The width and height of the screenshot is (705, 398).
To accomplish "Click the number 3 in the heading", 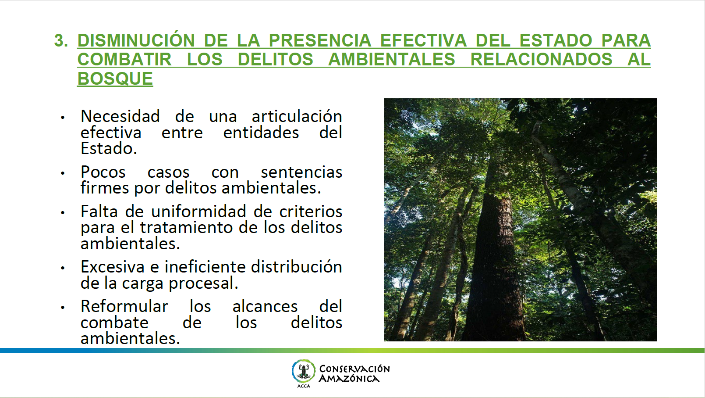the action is pyautogui.click(x=59, y=41).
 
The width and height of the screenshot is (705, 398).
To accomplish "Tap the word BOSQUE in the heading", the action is pyautogui.click(x=115, y=79).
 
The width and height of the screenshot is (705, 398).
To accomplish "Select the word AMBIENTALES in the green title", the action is pyautogui.click(x=392, y=59).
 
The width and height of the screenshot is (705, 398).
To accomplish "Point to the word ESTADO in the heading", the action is pyautogui.click(x=556, y=41).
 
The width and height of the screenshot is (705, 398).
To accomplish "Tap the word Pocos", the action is pyautogui.click(x=103, y=172).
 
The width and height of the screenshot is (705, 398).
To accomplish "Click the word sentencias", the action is pyautogui.click(x=301, y=172).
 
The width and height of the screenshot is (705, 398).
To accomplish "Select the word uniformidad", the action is pyautogui.click(x=198, y=211).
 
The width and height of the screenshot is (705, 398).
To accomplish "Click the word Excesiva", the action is pyautogui.click(x=112, y=267).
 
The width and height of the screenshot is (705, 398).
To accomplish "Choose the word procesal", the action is pyautogui.click(x=203, y=283).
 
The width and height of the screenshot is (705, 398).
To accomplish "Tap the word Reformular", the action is pyautogui.click(x=124, y=306).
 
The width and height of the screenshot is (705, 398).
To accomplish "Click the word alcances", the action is pyautogui.click(x=265, y=307).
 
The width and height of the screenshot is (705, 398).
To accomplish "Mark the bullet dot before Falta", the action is pyautogui.click(x=63, y=213).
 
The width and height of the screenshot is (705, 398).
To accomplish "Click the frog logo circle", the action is pyautogui.click(x=303, y=371).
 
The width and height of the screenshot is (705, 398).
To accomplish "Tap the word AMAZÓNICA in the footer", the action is pyautogui.click(x=349, y=378).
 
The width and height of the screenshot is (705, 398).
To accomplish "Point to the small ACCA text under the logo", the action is pyautogui.click(x=304, y=386).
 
